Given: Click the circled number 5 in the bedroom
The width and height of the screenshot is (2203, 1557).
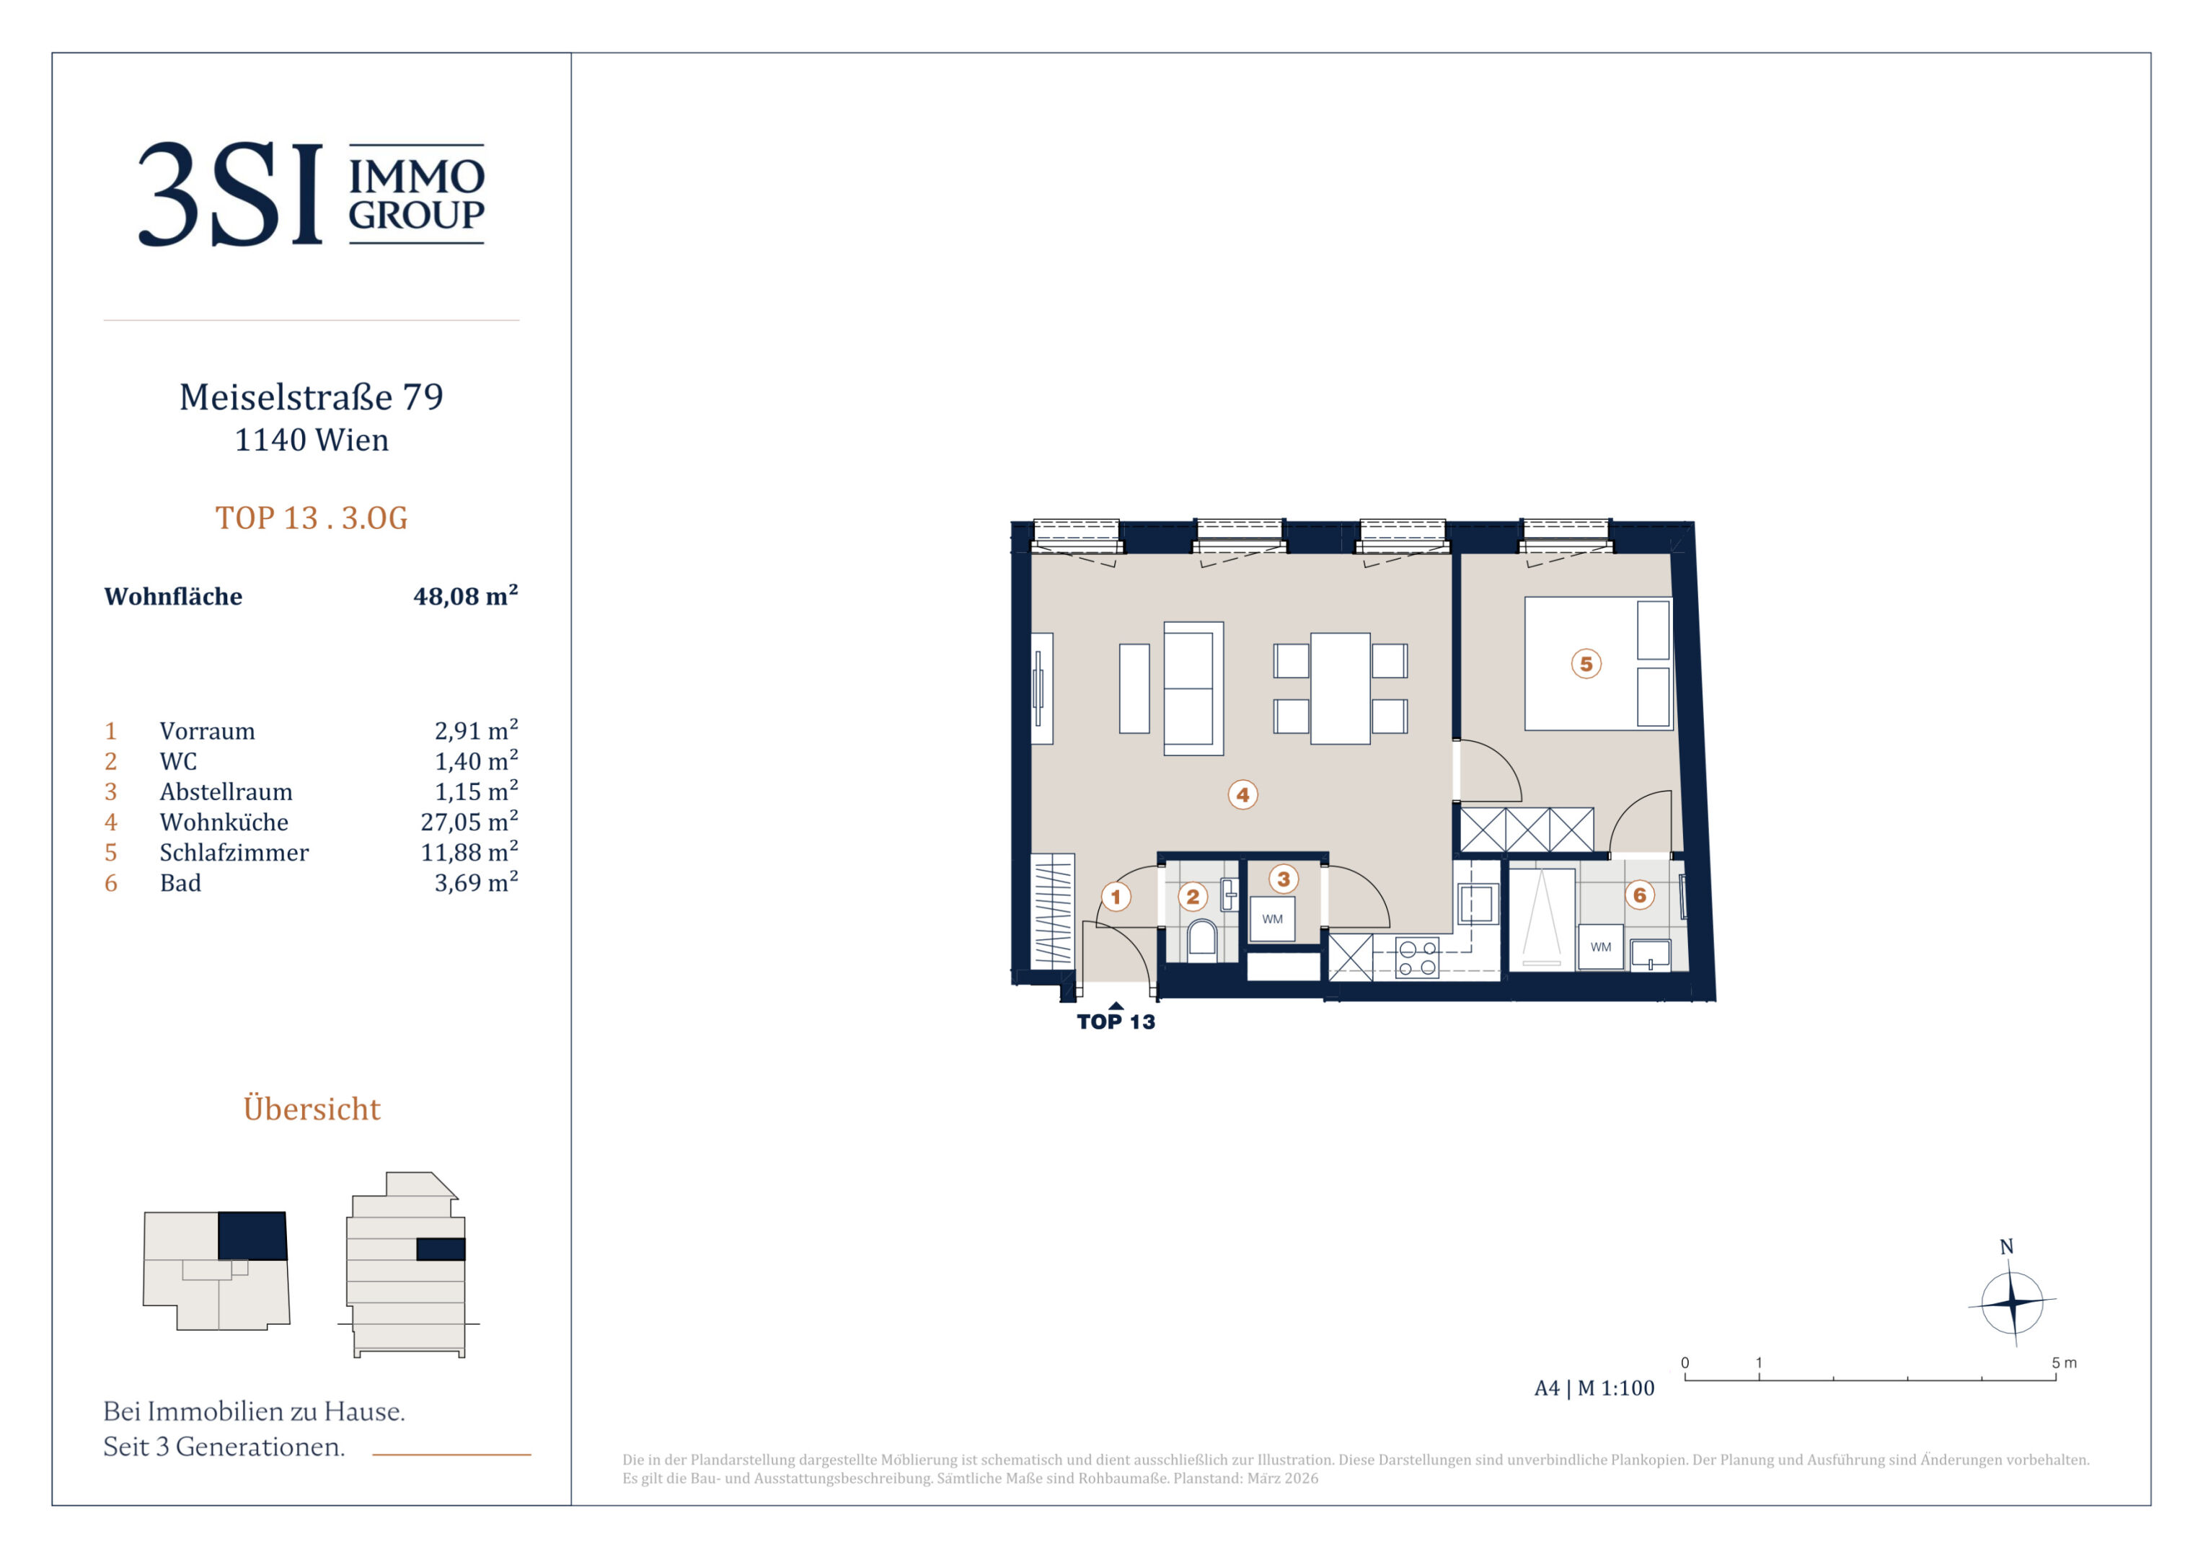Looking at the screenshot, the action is tap(1586, 663).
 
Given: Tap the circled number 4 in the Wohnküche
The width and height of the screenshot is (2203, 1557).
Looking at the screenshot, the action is tap(1242, 794).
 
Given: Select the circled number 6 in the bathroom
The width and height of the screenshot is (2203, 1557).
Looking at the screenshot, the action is tap(1640, 895).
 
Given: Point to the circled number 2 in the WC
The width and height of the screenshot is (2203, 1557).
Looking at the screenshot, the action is tap(1193, 896).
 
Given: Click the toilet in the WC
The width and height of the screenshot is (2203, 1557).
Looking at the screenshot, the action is tap(1202, 939).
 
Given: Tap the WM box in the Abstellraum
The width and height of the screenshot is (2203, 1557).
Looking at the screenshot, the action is tap(1272, 919).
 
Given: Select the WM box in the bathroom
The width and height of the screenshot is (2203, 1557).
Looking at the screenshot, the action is tap(1600, 947).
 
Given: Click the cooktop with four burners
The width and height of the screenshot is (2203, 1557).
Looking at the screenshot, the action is tap(1417, 957).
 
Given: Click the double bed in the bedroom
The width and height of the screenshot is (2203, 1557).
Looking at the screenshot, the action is tap(1599, 663).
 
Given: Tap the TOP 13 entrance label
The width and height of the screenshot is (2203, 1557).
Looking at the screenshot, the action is tap(1116, 1021).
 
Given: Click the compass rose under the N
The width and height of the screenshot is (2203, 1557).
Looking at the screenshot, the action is tap(2012, 1303).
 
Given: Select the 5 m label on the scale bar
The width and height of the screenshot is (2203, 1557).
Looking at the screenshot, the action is tap(2064, 1362).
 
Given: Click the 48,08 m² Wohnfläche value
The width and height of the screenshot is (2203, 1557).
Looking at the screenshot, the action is tap(465, 595).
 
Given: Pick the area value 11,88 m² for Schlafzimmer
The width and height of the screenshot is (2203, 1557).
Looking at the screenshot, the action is tap(469, 852).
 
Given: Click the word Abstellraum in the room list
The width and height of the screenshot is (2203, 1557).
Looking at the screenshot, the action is tap(226, 791).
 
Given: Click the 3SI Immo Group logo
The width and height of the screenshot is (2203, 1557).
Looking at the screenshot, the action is tap(311, 194).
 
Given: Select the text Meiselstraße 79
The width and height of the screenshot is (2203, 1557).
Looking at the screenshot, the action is tap(312, 396).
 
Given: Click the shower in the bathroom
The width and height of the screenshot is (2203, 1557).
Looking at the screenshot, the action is tap(1542, 919).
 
